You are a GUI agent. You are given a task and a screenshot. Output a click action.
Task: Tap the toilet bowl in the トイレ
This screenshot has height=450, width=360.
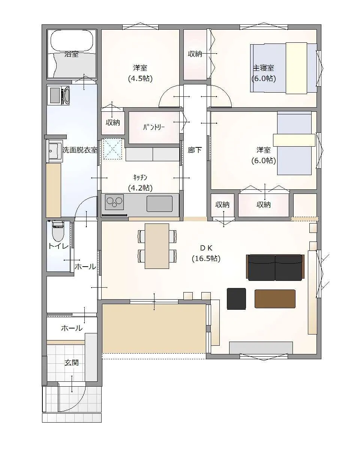pos(58,234)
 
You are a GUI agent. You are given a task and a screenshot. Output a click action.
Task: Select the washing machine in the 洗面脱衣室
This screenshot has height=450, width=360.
pos(58,96)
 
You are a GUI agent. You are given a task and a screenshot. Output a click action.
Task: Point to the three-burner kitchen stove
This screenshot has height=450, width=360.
pos(114,202)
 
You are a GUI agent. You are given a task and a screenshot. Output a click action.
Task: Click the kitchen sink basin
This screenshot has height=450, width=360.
pos(159,204)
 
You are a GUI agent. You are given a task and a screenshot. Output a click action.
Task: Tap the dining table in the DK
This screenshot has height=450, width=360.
pos(157,246)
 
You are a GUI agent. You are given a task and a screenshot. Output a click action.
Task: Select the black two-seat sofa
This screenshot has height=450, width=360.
pos(275,267)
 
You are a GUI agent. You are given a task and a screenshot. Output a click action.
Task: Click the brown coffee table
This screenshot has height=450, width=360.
pos(275,298)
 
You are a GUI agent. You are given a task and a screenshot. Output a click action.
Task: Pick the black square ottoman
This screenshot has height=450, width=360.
pos(236,298)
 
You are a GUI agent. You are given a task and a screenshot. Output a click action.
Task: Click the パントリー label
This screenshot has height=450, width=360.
pos(154,127)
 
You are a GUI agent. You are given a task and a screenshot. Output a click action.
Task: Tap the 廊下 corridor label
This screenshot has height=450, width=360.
pos(195,150)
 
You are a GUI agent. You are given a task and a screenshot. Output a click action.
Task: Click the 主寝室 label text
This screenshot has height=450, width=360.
pos(264,68)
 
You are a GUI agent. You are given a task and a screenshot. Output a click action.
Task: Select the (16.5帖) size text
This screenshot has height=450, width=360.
pos(206,259)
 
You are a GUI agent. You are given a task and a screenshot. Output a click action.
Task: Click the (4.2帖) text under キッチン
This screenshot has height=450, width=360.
pos(140,188)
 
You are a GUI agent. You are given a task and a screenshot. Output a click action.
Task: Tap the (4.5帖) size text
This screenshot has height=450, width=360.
pos(140,78)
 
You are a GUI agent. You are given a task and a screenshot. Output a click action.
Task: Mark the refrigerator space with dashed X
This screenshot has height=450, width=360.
pos(113,149)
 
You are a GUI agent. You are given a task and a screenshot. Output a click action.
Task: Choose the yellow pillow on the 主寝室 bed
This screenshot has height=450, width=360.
pos(296,68)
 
